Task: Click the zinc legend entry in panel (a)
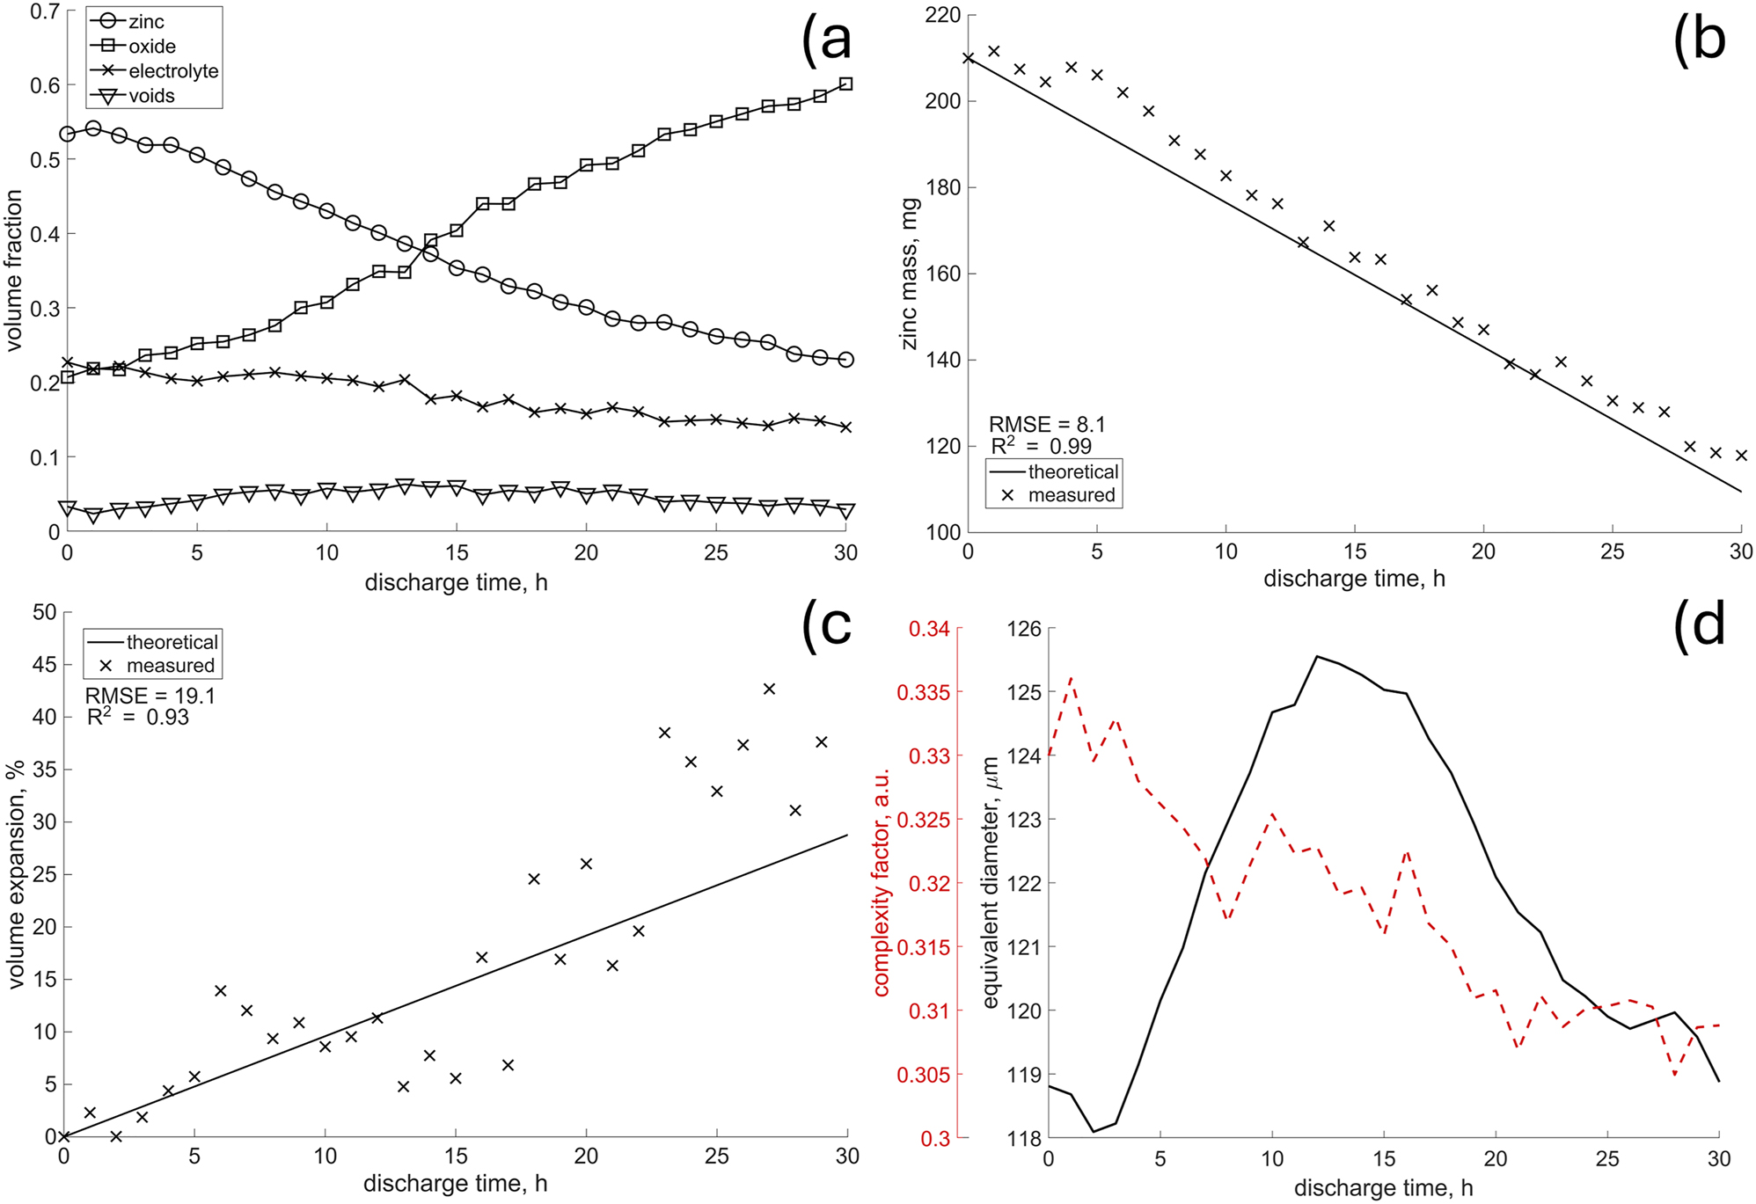(145, 22)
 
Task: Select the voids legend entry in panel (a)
(151, 96)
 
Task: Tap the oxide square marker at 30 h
(845, 84)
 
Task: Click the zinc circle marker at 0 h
(67, 134)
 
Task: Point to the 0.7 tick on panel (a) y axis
(45, 11)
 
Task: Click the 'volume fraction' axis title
(13, 272)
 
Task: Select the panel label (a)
(826, 40)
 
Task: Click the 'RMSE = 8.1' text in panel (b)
(1047, 425)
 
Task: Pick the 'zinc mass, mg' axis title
(910, 274)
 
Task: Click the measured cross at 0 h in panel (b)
(968, 58)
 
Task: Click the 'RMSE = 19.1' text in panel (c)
(150, 696)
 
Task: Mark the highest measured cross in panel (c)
(769, 689)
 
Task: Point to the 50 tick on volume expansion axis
(44, 612)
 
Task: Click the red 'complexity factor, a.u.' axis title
(882, 882)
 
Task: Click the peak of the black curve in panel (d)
(1317, 655)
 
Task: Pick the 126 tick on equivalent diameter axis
(1024, 629)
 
